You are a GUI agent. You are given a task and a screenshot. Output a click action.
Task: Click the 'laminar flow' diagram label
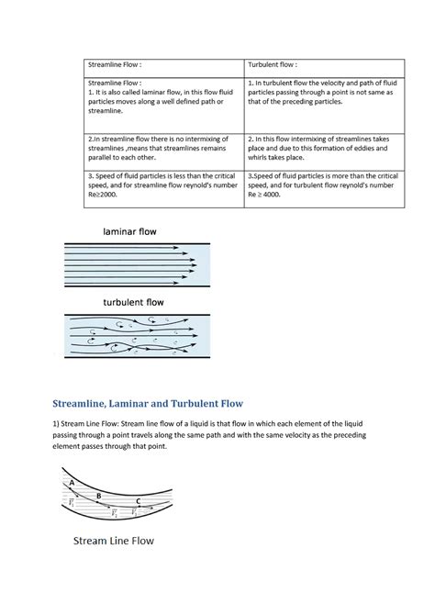pos(123,232)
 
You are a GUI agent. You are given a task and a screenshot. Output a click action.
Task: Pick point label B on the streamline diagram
pos(99,495)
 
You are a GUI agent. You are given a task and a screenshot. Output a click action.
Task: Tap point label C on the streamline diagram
pos(138,501)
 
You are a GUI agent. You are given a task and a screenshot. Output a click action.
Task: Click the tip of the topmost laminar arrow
pos(196,248)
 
